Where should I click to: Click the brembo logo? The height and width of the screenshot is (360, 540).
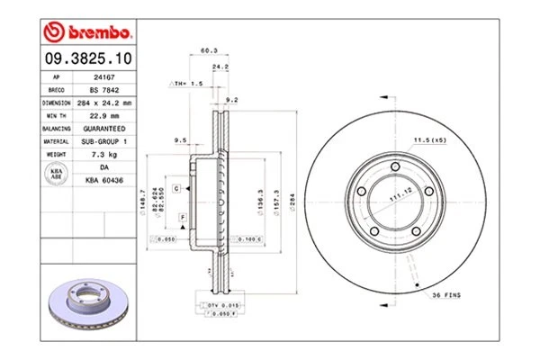pos(87,31)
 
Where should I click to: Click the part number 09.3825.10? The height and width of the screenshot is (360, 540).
pos(87,59)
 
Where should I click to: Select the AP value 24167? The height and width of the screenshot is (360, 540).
pos(103,78)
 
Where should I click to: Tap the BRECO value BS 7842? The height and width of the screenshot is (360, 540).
pos(103,91)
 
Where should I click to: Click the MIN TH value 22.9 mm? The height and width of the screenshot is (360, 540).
pos(103,116)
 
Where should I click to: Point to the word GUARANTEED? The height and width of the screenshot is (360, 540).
pos(103,129)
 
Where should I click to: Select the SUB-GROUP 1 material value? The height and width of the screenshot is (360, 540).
pos(103,141)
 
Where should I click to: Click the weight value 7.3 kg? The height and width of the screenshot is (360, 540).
pos(103,154)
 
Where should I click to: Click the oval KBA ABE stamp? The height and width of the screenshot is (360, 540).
pos(55,174)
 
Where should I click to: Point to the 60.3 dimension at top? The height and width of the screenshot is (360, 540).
pos(208,51)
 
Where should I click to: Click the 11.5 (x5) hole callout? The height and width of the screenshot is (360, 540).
pos(429,140)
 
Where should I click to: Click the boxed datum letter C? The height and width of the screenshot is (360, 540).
pos(176,187)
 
